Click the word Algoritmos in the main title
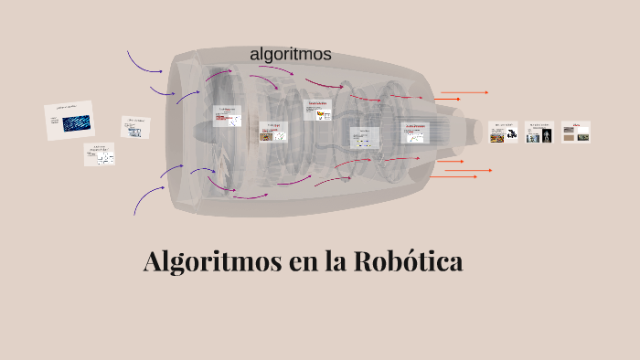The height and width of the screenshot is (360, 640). coord(212,262)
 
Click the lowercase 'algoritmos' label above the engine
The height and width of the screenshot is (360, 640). coord(290,55)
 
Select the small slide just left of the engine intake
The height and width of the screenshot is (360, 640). coord(135,126)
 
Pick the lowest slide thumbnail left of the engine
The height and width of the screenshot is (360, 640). coord(100,154)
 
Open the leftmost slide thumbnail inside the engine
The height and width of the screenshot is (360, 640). coord(227,115)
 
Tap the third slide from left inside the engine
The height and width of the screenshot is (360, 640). coord(317,109)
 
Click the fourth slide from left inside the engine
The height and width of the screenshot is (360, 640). coord(364,137)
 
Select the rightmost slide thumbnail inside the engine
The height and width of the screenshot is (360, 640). coord(415,132)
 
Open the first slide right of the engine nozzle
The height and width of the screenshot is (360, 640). coord(503,132)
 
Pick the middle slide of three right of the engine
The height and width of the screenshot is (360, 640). coord(539,132)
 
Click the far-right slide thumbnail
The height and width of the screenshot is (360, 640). coord(575,132)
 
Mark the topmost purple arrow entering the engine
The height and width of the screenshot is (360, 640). coord(143,62)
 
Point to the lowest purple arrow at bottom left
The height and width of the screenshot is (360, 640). coord(145,199)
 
